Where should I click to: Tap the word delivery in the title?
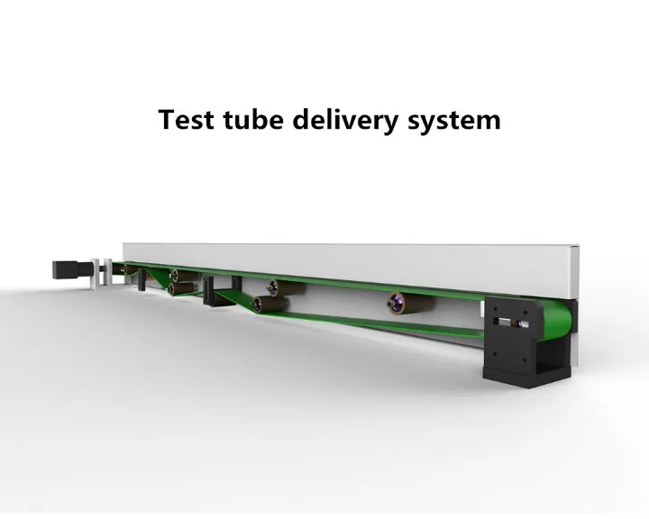(x=348, y=120)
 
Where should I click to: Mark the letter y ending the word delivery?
(x=394, y=123)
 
